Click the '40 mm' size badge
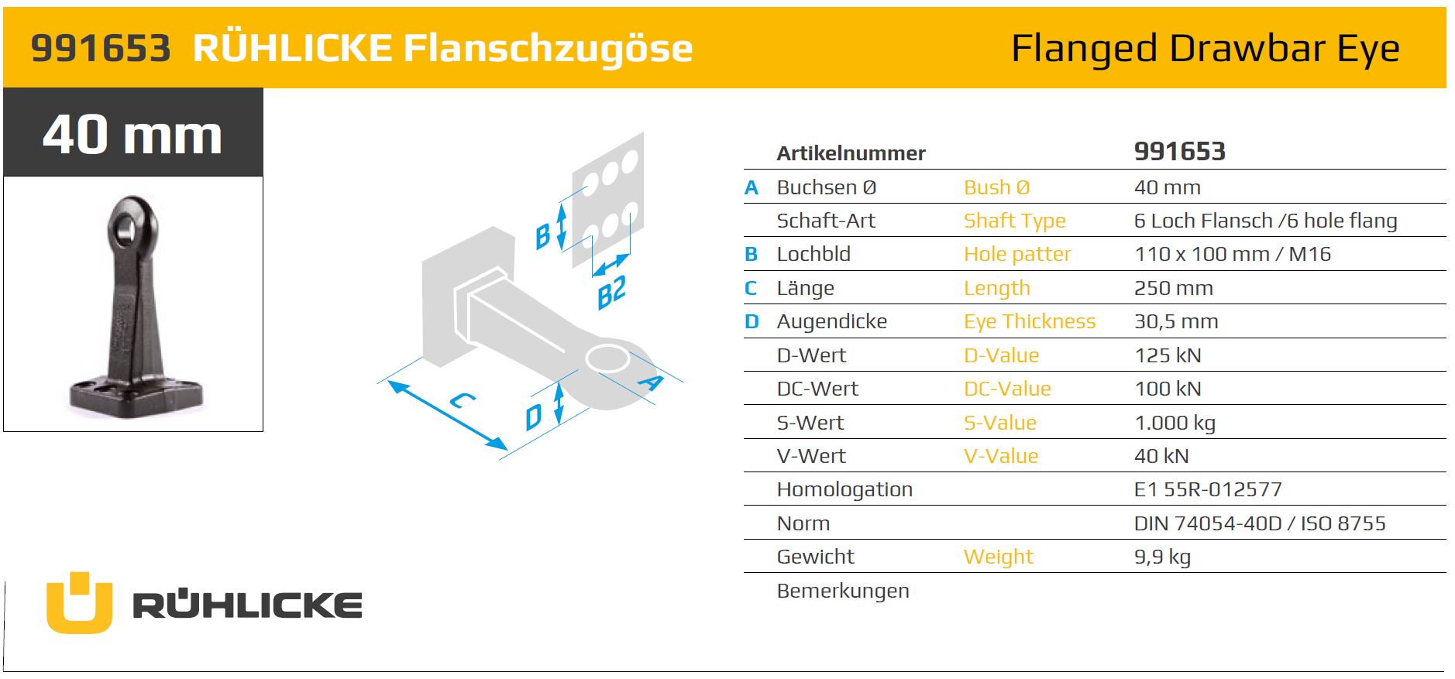pyautogui.click(x=132, y=133)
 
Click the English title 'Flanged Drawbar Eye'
pyautogui.click(x=1205, y=48)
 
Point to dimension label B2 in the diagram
pyautogui.click(x=612, y=293)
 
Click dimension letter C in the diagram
pyautogui.click(x=463, y=400)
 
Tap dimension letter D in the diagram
pyautogui.click(x=534, y=417)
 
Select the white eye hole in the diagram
pyautogui.click(x=607, y=358)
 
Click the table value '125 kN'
pyautogui.click(x=1168, y=355)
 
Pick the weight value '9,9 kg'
pyautogui.click(x=1162, y=557)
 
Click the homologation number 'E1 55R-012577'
pyautogui.click(x=1208, y=489)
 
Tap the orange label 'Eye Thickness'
pyautogui.click(x=1030, y=322)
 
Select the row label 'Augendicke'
pyautogui.click(x=832, y=322)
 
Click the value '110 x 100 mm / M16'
pyautogui.click(x=1233, y=254)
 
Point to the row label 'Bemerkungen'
pyautogui.click(x=843, y=591)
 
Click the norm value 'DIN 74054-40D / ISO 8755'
pyautogui.click(x=1260, y=523)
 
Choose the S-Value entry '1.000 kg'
pyautogui.click(x=1175, y=423)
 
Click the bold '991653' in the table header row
pyautogui.click(x=1180, y=151)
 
